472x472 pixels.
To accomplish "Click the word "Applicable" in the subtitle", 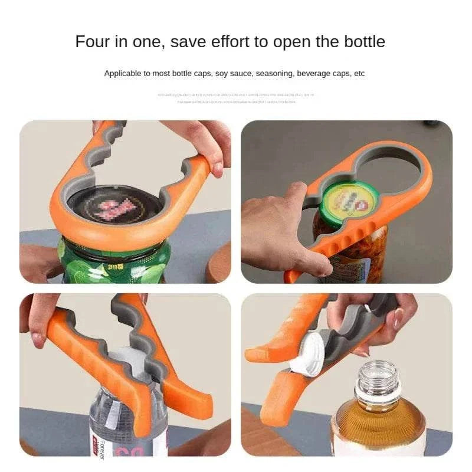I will click(123, 74).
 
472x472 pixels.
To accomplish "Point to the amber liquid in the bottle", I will click(378, 425).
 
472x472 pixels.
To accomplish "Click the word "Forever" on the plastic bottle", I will click(102, 448).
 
